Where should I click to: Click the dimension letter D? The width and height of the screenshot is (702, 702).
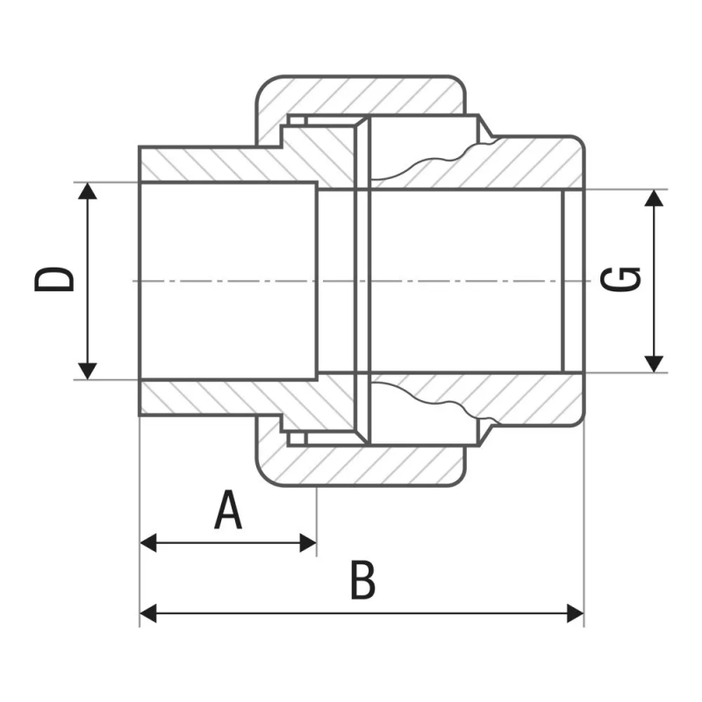[54, 280]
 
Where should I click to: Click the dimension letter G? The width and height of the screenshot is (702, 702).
[620, 280]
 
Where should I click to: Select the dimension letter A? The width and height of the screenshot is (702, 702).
[228, 510]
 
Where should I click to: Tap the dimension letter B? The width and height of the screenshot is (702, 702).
[362, 579]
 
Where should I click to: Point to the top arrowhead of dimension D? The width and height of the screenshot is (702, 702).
[87, 190]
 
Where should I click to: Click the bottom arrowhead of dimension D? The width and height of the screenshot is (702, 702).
[87, 371]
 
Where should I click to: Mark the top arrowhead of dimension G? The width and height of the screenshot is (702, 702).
[654, 198]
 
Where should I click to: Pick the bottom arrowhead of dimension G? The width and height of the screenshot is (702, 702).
[654, 364]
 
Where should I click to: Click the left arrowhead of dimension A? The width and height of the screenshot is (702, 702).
[148, 542]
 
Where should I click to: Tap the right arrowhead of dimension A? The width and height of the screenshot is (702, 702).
[308, 542]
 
